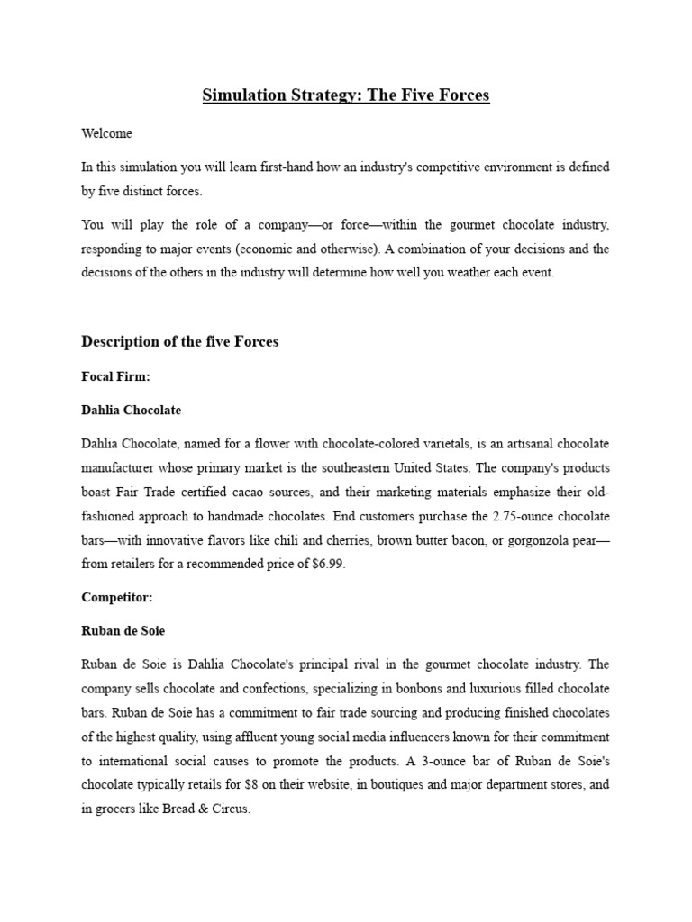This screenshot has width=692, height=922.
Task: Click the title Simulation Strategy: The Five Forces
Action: click(x=346, y=95)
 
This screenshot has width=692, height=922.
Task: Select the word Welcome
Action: click(x=106, y=133)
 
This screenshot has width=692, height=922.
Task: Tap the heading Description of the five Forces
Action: click(x=180, y=341)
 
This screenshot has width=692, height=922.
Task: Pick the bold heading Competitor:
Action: click(x=116, y=597)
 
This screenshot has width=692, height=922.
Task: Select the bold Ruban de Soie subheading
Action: click(x=123, y=631)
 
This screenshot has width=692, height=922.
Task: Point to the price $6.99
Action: click(x=325, y=565)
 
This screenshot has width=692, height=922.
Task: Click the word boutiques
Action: click(x=381, y=784)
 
